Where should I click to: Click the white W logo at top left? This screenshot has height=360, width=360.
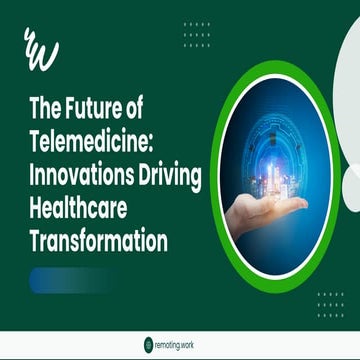click(41, 49)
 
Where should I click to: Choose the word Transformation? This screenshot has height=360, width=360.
click(97, 241)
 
